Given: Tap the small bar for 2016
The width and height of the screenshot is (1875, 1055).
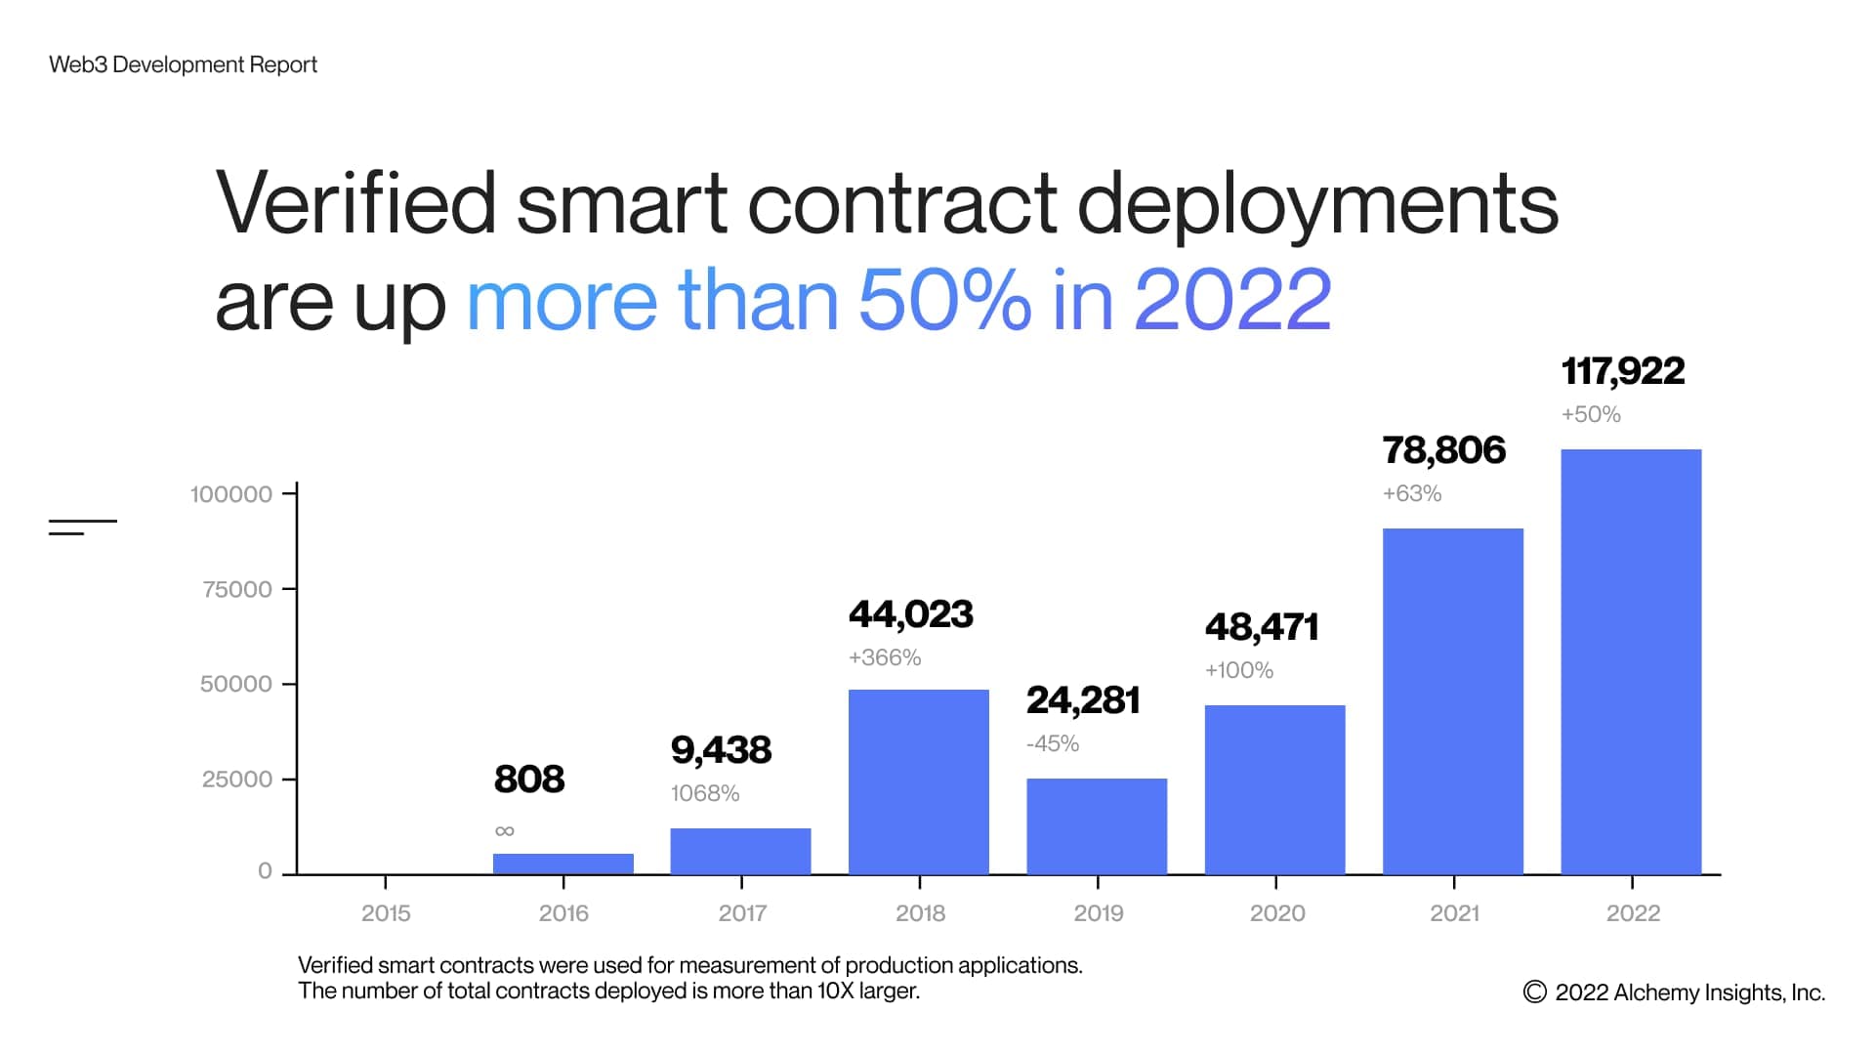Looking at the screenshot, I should [x=562, y=864].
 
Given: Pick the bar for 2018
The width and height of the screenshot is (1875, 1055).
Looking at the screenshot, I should [x=918, y=781].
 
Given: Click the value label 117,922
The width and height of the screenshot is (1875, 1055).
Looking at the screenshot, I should [x=1622, y=371].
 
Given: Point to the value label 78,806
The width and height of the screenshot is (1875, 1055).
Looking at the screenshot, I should [x=1443, y=450].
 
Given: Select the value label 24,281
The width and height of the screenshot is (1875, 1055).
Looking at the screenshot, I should [x=1082, y=700].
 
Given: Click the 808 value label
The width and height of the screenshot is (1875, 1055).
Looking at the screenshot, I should [x=528, y=780].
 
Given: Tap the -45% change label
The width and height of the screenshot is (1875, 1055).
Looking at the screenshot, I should [x=1052, y=744].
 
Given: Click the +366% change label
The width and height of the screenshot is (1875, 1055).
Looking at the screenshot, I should [x=884, y=657].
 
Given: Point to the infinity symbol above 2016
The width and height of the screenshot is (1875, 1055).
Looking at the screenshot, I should [x=504, y=831].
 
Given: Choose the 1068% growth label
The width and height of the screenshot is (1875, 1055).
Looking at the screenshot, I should [x=704, y=793].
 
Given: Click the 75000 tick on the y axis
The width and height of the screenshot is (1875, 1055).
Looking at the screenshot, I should [x=237, y=589].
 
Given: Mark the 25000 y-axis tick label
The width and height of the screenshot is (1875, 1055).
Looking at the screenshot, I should [x=237, y=780].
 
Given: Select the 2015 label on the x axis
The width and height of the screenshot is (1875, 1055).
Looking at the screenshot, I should [x=386, y=913].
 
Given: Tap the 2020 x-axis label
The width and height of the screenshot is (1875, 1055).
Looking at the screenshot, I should [x=1276, y=913].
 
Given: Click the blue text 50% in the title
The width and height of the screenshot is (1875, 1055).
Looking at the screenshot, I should [x=943, y=299].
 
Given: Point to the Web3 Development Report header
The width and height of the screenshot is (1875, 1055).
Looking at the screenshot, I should [x=183, y=64].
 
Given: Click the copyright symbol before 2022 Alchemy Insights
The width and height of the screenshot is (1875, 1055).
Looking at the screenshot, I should [x=1534, y=992].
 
